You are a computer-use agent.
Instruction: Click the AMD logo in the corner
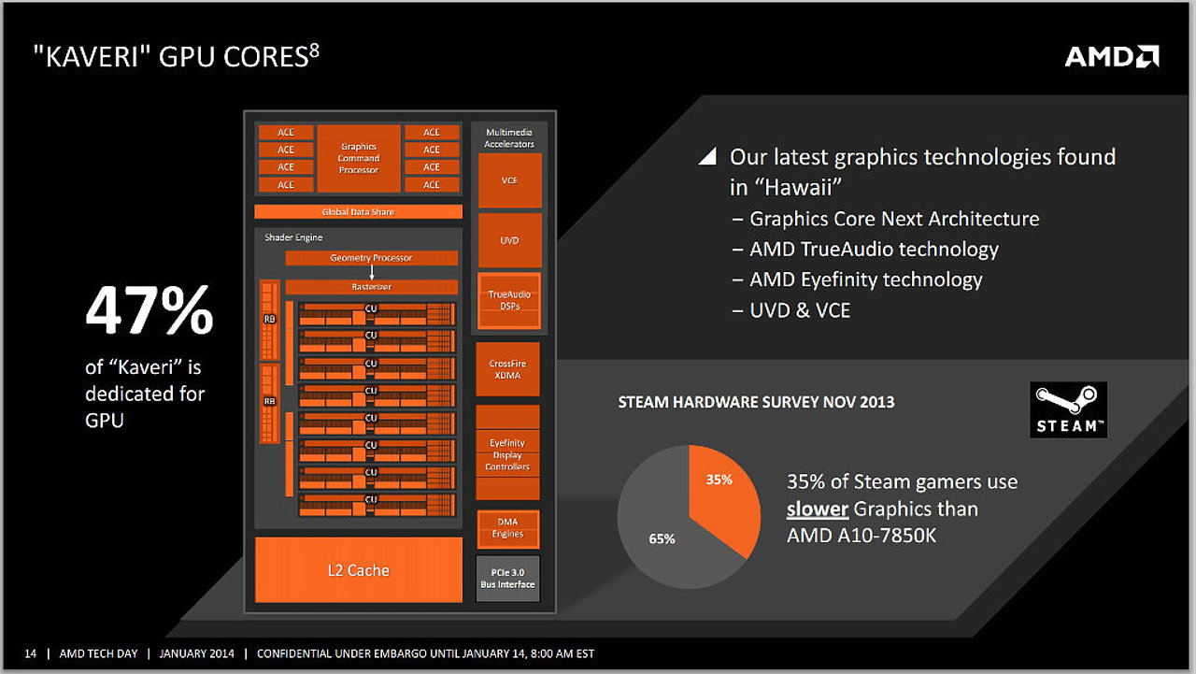[1112, 57]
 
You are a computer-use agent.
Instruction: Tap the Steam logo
[1068, 409]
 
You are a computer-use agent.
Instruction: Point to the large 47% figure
[149, 309]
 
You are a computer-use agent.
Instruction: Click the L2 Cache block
[359, 570]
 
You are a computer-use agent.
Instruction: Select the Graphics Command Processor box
[359, 158]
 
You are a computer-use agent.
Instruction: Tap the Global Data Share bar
[358, 211]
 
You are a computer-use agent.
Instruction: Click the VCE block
[510, 180]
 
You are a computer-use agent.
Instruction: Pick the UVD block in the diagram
[510, 240]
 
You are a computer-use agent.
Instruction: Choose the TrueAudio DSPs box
[509, 300]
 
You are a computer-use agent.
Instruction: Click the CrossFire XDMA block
[507, 369]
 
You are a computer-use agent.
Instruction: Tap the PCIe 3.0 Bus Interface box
[507, 579]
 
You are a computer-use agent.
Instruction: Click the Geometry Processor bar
[372, 258]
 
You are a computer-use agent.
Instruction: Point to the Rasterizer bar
[372, 287]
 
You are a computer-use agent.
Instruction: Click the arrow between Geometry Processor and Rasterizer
[372, 272]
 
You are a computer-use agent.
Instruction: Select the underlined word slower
[818, 509]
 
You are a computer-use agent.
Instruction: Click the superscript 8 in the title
[315, 51]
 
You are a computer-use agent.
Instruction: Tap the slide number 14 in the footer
[31, 653]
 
